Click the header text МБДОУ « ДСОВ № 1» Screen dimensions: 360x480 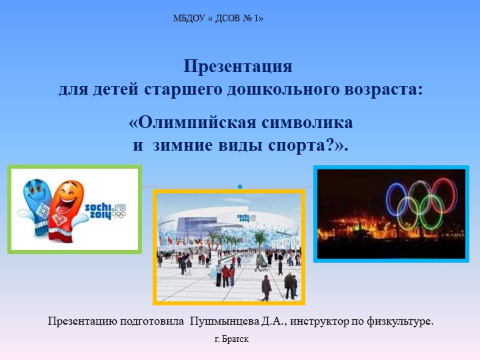218,19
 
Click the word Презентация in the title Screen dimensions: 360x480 238,67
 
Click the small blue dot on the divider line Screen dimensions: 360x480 239,185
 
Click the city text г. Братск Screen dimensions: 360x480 231,340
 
